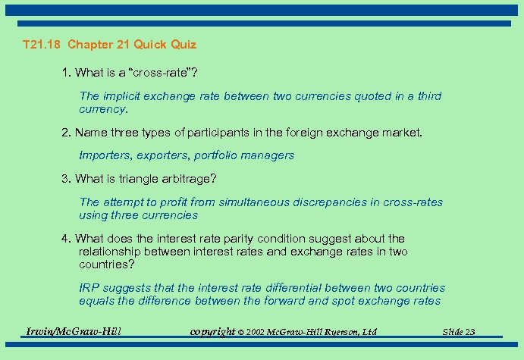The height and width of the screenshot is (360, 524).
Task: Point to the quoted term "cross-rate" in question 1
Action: pos(162,74)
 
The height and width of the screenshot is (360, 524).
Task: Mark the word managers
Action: pos(268,155)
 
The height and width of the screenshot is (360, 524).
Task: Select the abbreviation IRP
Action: pos(89,288)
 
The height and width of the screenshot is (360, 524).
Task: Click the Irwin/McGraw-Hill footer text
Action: pos(74,331)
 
